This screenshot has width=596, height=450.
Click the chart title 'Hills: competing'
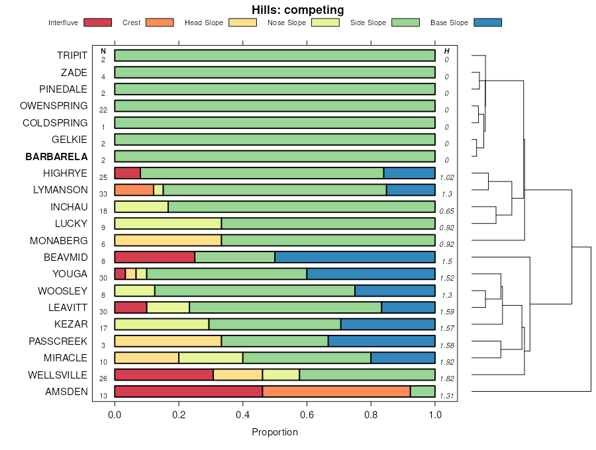[x=297, y=10]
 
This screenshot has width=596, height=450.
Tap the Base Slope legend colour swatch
[x=487, y=22]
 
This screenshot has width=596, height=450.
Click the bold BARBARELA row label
[x=56, y=157]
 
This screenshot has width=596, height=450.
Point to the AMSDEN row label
[x=66, y=392]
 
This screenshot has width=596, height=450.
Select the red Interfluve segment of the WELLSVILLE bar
[x=164, y=375]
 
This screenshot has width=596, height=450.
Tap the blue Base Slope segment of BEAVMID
[x=354, y=257]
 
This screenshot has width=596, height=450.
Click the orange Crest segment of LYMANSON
[x=134, y=190]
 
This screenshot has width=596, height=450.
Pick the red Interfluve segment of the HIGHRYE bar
[x=127, y=173]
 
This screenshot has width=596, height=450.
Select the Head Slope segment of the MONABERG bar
[x=168, y=240]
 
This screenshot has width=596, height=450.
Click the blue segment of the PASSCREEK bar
[x=381, y=341]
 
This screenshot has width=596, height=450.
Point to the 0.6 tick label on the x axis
[x=307, y=415]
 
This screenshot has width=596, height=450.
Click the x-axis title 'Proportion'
[x=275, y=432]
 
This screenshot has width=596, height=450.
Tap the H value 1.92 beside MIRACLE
[x=448, y=362]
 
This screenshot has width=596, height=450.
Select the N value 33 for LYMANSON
[x=103, y=194]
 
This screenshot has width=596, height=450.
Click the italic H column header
[x=447, y=51]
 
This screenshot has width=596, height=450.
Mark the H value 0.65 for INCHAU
[x=448, y=211]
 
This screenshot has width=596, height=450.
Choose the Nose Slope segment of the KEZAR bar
[x=162, y=324]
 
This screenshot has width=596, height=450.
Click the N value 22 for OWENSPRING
[x=103, y=110]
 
